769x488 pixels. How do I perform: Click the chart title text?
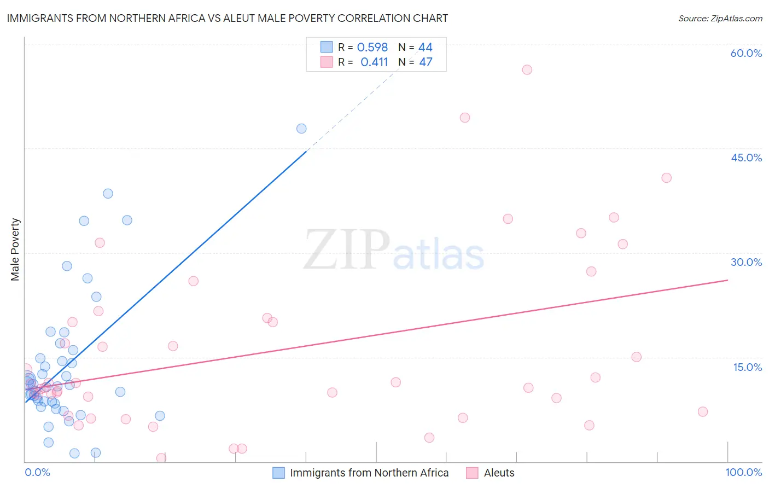pos(227,18)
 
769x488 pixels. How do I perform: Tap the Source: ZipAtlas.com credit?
pos(720,18)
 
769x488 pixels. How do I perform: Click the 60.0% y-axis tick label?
pos(746,53)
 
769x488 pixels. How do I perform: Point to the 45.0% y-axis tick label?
pos(746,158)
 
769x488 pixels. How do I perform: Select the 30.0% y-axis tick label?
pos(746,262)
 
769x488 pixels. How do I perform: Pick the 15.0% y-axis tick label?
pos(747,367)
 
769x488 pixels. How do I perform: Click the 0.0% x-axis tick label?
pos(37,472)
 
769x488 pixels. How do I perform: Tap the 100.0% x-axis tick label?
pos(743,472)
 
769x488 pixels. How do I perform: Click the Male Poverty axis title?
pos(15,249)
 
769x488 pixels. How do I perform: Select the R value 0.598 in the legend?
pos(372,47)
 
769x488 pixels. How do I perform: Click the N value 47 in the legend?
pos(426,62)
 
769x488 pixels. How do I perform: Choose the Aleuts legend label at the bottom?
pos(499,473)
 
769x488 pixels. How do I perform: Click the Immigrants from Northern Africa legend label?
pos(369,473)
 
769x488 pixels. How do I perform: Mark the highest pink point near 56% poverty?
pos(527,69)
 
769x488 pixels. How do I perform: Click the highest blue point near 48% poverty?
pos(301,129)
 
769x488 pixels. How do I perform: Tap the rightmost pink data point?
pos(703,411)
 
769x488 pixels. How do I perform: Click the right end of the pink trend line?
pos(727,280)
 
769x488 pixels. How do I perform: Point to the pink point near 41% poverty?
pos(666,178)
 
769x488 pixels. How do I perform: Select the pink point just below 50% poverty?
pos(465,118)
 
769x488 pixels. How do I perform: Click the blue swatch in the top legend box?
pos(327,47)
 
